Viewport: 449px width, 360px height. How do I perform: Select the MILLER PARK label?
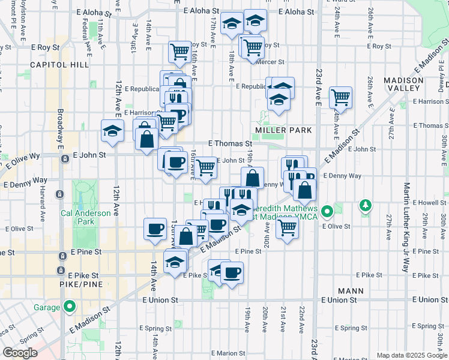[x=283, y=130]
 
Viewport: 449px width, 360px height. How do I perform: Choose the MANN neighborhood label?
[x=351, y=291]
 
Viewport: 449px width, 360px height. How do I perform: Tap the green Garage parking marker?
[x=70, y=307]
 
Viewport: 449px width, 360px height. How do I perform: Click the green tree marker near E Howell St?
[x=365, y=207]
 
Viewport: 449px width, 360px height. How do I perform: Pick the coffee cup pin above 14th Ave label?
[x=155, y=228]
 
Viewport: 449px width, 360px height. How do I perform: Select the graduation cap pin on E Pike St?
[x=175, y=262]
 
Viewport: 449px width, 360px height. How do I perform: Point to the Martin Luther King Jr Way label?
[x=406, y=228]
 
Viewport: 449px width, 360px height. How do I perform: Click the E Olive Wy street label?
[x=23, y=155]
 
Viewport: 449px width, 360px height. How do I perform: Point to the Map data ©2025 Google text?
[x=411, y=355]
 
